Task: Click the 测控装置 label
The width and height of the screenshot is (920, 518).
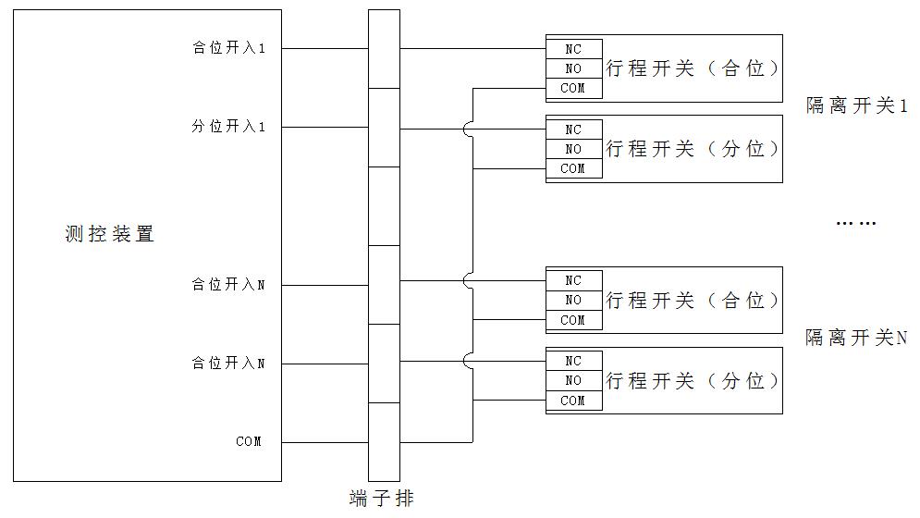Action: coord(109,234)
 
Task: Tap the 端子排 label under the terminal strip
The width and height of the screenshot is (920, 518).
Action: coord(382,499)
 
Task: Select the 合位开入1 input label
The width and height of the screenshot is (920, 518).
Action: coord(228,48)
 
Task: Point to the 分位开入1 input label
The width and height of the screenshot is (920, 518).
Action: coord(228,127)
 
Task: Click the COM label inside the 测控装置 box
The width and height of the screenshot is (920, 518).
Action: coord(249,442)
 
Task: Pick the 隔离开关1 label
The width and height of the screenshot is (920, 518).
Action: coord(856,106)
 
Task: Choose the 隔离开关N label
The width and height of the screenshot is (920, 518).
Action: coord(856,338)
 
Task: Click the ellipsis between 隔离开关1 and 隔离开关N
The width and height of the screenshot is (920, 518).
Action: coord(855,223)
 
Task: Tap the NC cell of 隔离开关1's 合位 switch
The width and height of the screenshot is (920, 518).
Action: coord(573,49)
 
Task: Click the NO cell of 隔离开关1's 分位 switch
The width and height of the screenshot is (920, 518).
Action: coord(573,149)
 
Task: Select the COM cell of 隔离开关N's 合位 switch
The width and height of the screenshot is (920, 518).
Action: coord(573,320)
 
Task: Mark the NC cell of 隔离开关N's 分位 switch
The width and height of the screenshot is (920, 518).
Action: coord(573,361)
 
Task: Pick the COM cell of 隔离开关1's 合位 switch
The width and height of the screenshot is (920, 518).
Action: coord(573,89)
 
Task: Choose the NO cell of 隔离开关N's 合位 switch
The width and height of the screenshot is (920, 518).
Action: coord(573,300)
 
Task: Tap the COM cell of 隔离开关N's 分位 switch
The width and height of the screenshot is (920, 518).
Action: coord(573,401)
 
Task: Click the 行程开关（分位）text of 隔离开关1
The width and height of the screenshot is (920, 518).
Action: coord(693,149)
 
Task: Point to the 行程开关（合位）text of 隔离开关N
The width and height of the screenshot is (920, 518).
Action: coord(693,300)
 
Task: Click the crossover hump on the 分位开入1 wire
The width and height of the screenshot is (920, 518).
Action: coord(471,129)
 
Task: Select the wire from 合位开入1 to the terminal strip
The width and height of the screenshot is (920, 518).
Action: coord(325,48)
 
